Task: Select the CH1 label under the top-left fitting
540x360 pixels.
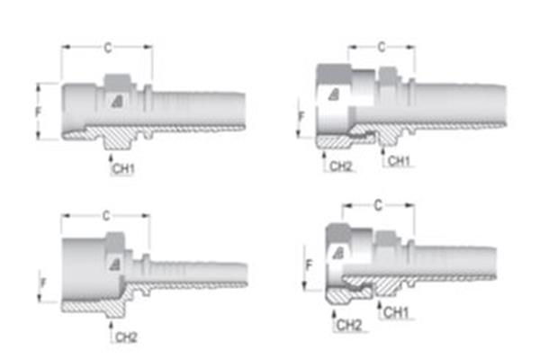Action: pyautogui.click(x=122, y=169)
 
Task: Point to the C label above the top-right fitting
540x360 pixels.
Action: pyautogui.click(x=381, y=46)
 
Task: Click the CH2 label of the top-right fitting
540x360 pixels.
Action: pyautogui.click(x=340, y=166)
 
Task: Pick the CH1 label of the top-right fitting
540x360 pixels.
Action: pyautogui.click(x=397, y=160)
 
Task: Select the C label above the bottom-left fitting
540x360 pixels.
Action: pyautogui.click(x=105, y=216)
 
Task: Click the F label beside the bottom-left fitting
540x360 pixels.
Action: pyautogui.click(x=42, y=283)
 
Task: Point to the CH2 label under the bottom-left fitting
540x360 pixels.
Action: pyautogui.click(x=125, y=337)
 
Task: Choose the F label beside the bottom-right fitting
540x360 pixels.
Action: pyautogui.click(x=309, y=267)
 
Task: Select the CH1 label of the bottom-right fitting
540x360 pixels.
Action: pyautogui.click(x=397, y=313)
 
